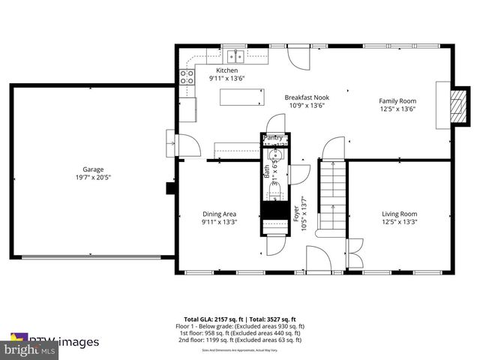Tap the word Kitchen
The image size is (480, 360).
point(206,70)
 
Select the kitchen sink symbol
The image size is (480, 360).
point(235,55)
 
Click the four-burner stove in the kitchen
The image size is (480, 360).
point(186,76)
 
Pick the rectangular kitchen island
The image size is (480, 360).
point(241,97)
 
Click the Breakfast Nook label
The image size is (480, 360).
point(306,97)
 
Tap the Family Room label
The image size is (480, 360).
point(397,100)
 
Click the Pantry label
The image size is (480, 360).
point(272,138)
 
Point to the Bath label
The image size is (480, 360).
point(266,171)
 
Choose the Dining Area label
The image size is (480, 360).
point(219,214)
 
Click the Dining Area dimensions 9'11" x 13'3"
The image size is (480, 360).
point(219,223)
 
